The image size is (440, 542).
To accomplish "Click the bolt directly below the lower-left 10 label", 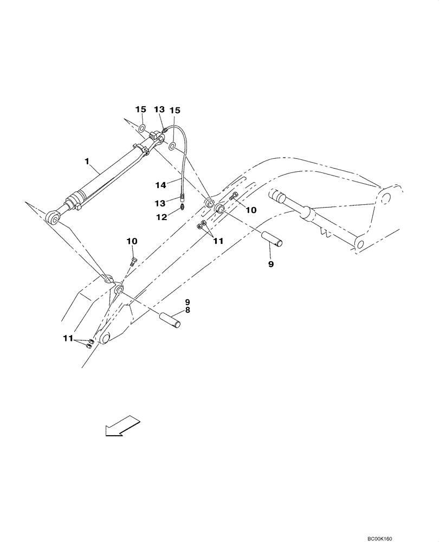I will point(133,262).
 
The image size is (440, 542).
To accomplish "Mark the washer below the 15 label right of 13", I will point(172,146).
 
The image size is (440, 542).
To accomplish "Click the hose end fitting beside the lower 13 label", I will point(182,197).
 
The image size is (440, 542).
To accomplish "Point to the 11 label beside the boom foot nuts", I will point(68,339).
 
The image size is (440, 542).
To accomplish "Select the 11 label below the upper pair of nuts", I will point(217,241).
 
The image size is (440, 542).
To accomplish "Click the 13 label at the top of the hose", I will point(159,110).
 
